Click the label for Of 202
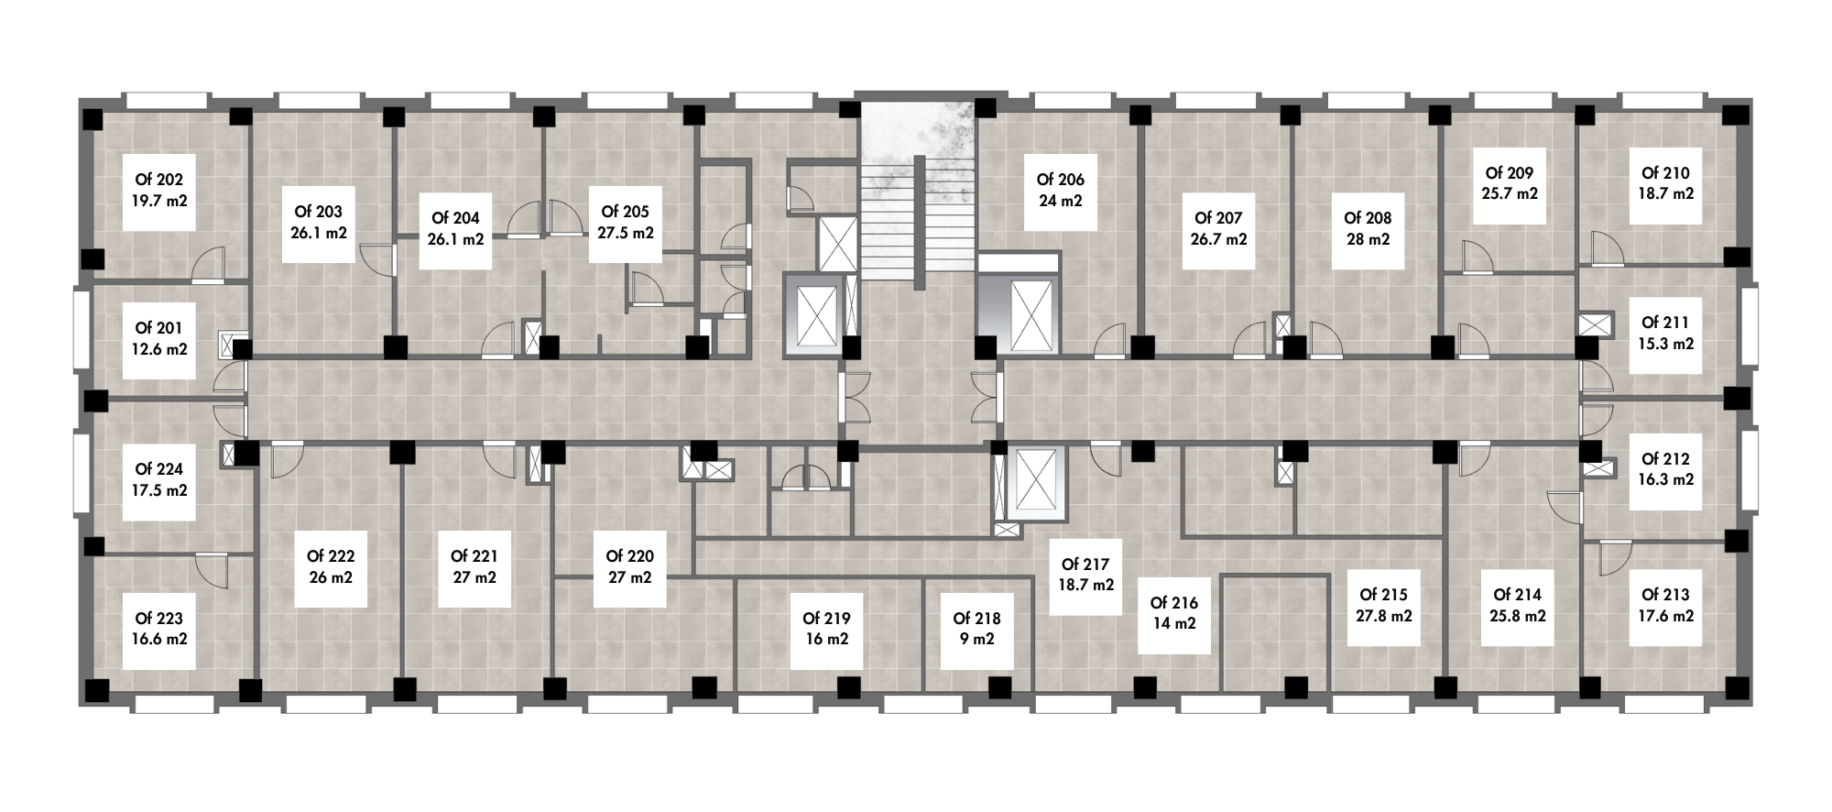159,180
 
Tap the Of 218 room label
976,619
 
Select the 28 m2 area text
1368,239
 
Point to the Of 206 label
1061,180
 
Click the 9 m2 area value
976,640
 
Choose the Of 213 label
1665,595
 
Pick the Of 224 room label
159,469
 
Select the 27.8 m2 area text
1384,616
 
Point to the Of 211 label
1665,323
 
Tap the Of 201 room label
159,328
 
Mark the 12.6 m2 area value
159,349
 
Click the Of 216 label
1174,603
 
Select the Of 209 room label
1510,173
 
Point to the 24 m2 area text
1061,201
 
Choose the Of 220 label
630,556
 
